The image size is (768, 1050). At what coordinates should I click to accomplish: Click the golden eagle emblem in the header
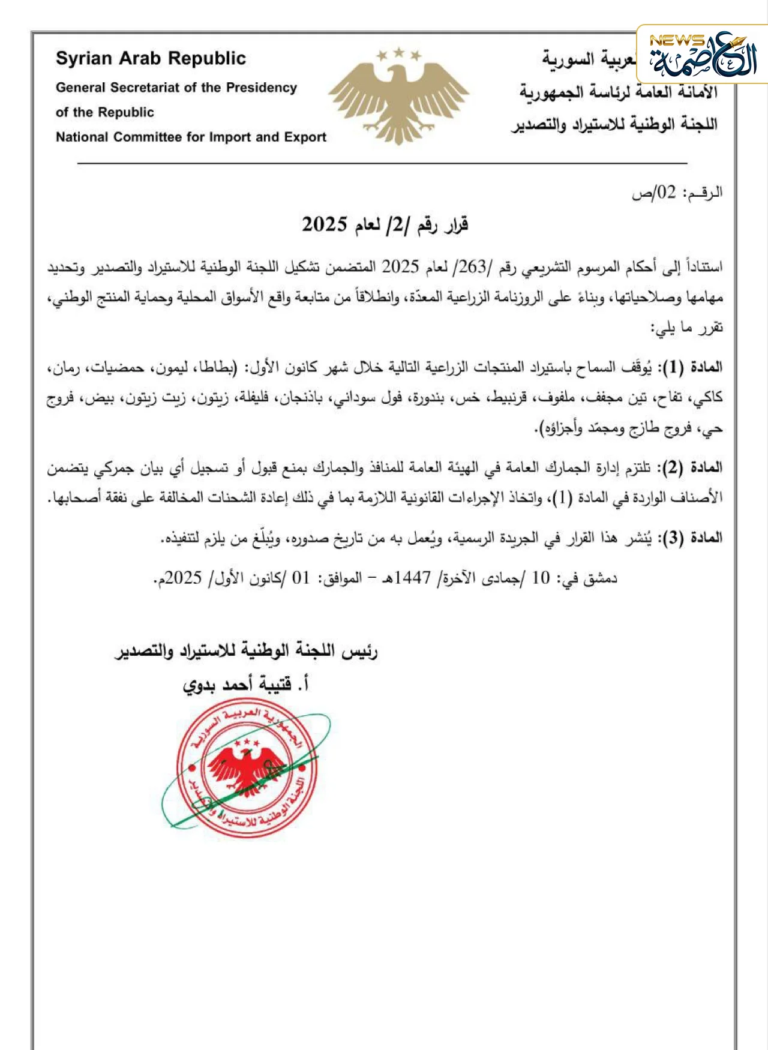coord(398,99)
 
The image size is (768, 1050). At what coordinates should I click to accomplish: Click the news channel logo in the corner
coord(702,55)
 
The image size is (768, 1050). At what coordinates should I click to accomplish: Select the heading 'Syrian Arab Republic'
coord(151,58)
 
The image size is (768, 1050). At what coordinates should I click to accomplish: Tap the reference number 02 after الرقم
coord(666,193)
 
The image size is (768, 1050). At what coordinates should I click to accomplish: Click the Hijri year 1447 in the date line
coord(413,578)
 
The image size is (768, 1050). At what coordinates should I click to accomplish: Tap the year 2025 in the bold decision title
coord(325,225)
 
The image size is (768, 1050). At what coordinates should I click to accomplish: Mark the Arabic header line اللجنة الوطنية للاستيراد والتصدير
coord(614,125)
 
